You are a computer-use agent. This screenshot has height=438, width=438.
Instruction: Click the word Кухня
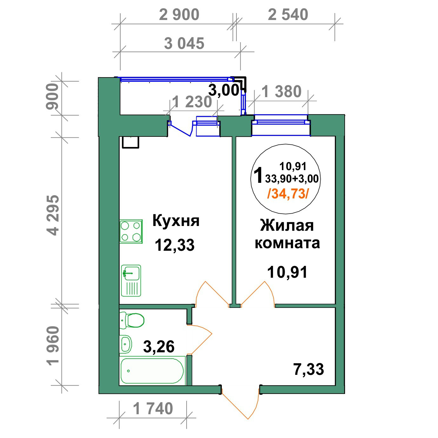point(176,221)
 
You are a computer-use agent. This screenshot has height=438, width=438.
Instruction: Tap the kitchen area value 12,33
point(175,245)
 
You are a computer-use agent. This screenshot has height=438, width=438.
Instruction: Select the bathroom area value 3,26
point(159,346)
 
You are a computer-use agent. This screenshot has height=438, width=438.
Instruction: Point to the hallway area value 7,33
point(309,369)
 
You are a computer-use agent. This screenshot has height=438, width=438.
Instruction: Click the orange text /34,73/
point(288,194)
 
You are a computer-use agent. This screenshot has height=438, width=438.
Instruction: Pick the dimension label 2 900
point(179,15)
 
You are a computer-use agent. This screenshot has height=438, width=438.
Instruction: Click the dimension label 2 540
point(288,15)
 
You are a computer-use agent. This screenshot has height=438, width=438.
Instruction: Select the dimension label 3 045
point(184,43)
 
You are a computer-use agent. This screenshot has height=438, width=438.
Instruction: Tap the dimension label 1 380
point(282,92)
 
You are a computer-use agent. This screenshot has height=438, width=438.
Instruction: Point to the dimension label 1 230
point(192,102)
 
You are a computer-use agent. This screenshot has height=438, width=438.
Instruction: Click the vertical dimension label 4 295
point(53,215)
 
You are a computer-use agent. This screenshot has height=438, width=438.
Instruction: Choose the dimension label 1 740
point(153,408)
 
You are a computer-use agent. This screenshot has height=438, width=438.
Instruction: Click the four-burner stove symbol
point(131,231)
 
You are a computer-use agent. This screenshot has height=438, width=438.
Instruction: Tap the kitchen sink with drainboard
point(131,281)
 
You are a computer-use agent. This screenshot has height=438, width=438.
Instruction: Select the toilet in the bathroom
point(132,320)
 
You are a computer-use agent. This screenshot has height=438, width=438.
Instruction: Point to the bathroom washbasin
point(125,344)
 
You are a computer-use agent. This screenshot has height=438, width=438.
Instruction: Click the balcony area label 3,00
point(224,90)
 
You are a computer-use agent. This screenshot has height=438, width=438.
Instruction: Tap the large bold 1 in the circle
point(259,175)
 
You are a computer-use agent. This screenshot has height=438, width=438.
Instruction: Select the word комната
point(287,243)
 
